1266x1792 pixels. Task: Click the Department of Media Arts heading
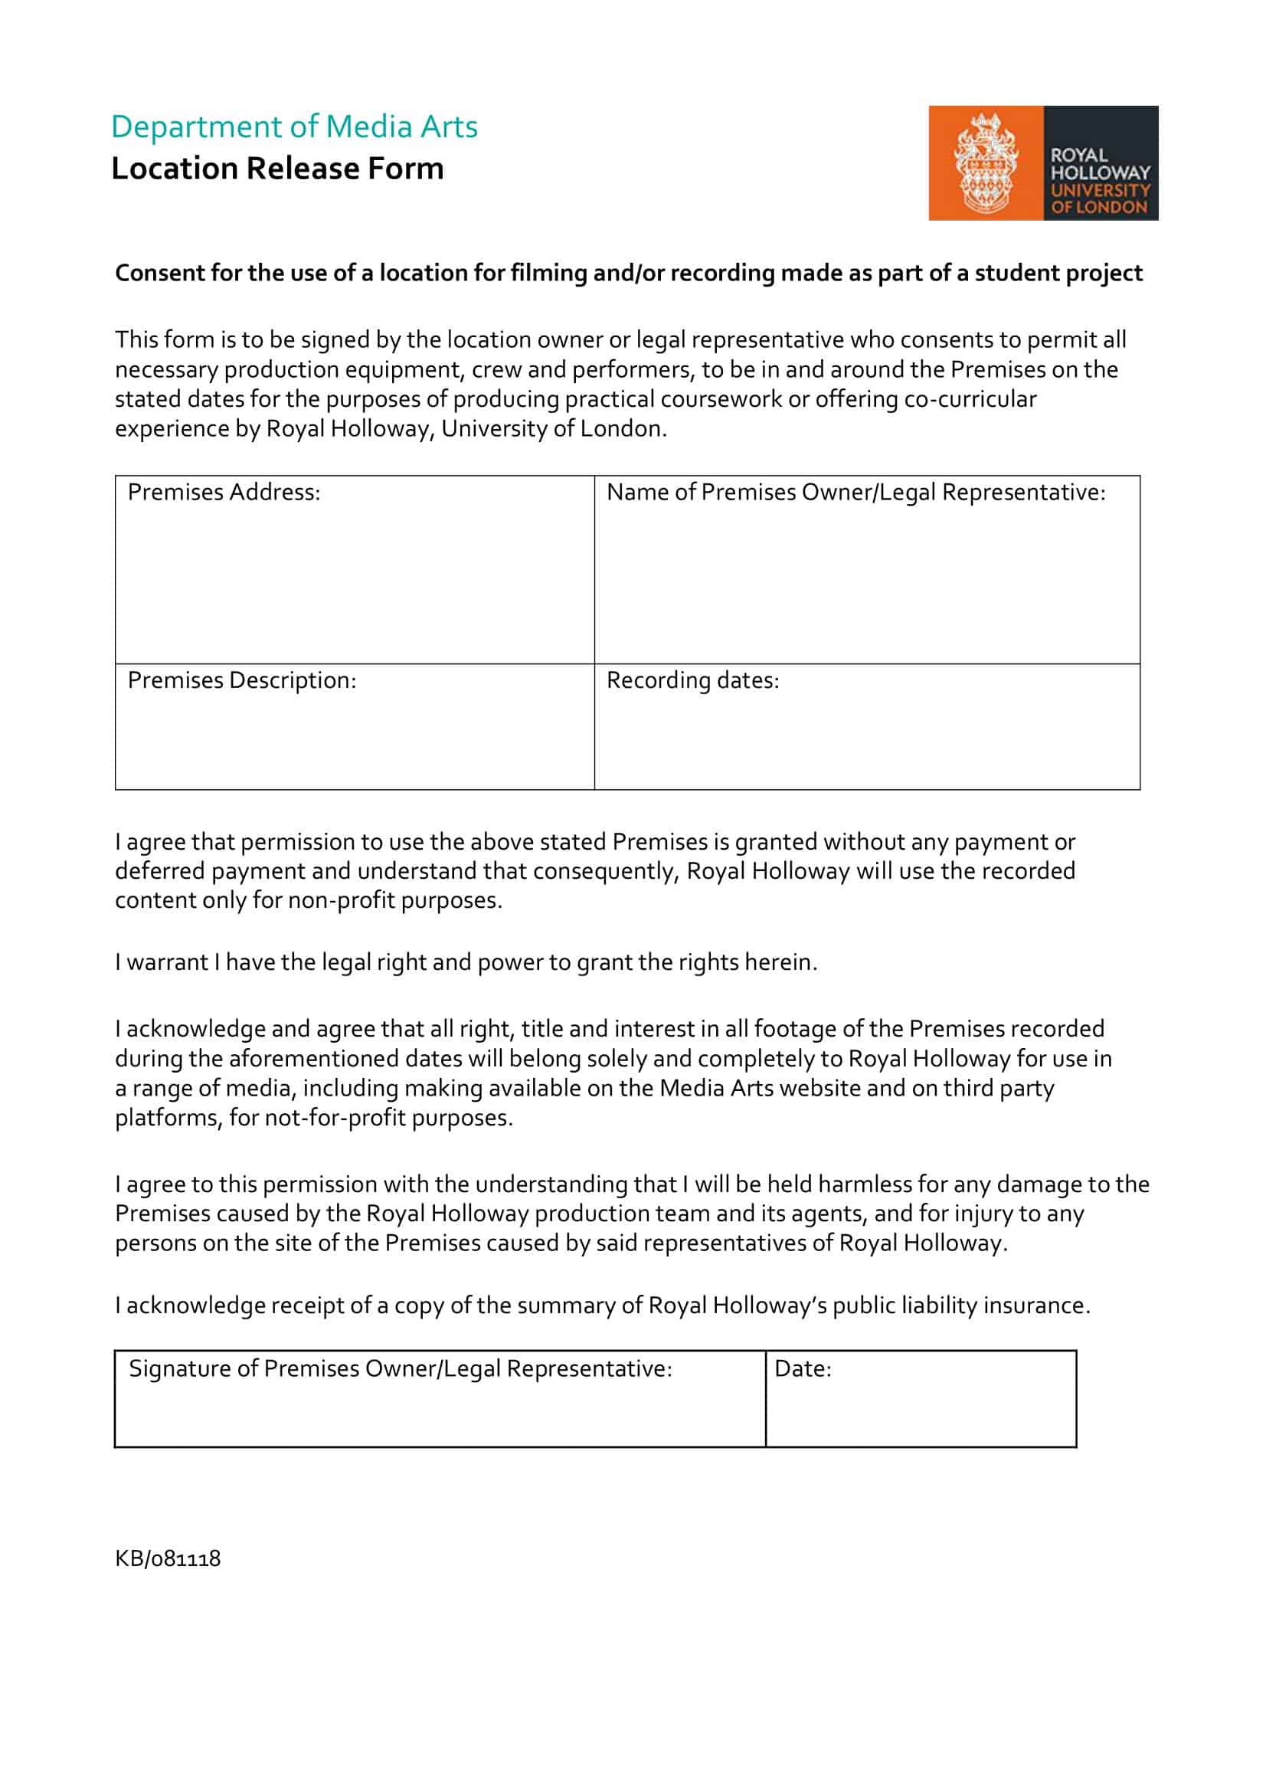[x=294, y=126]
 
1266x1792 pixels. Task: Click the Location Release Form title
[x=277, y=169]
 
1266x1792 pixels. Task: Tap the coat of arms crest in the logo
[x=985, y=163]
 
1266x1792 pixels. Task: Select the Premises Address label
[x=224, y=493]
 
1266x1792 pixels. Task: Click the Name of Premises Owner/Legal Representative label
[x=855, y=493]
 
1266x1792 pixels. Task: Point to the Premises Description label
[x=242, y=680]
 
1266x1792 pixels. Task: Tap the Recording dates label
[x=692, y=680]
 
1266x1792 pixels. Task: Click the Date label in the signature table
[x=803, y=1369]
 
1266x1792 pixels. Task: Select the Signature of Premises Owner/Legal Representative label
[x=400, y=1369]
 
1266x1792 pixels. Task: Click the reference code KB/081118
[x=168, y=1558]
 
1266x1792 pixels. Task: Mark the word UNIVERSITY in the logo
[x=1100, y=191]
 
